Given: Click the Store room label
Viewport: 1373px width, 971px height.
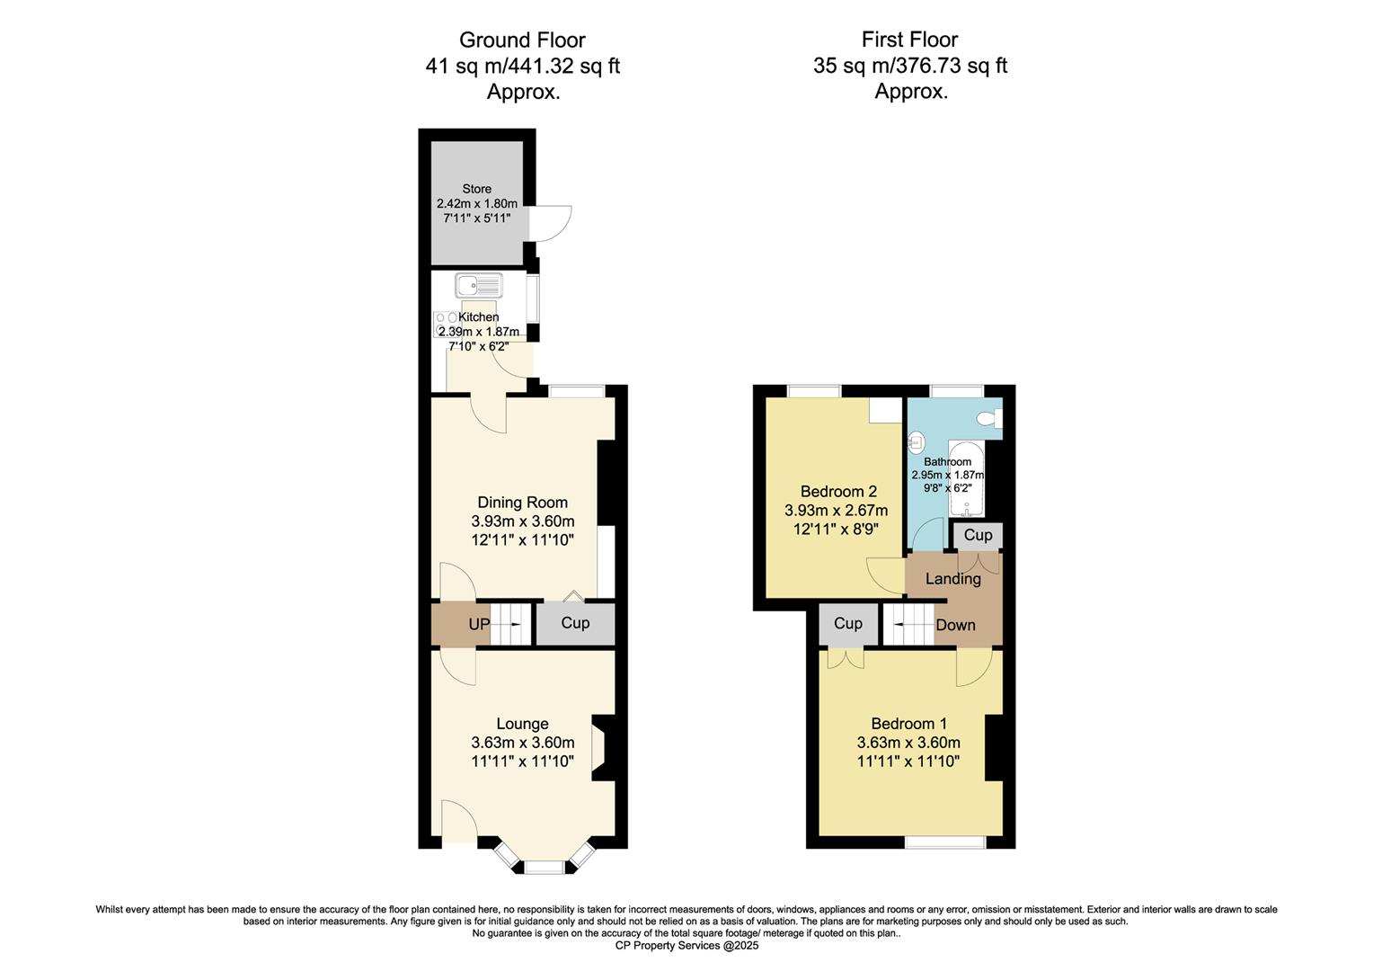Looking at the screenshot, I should tap(476, 189).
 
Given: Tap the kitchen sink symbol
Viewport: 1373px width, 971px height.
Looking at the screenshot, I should tap(480, 286).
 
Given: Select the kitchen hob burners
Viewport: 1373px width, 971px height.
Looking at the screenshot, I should tap(446, 324).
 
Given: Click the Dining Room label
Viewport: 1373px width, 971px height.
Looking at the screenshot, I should tap(522, 503).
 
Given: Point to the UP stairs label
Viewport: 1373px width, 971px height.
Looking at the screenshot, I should tap(478, 624).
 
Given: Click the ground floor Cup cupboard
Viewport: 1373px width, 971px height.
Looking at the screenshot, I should tap(575, 623).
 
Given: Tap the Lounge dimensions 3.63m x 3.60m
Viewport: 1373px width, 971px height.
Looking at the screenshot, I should tap(522, 743).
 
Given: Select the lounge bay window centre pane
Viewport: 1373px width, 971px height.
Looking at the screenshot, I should tap(543, 867).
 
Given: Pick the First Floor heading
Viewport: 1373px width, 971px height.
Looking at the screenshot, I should tap(909, 40).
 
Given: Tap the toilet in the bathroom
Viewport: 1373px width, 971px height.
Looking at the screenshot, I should tap(990, 418).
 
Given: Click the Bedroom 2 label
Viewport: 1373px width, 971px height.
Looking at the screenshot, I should tap(837, 492).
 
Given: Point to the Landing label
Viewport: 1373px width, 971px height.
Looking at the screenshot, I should tap(952, 579).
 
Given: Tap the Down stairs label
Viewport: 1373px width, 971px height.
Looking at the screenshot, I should tap(955, 625).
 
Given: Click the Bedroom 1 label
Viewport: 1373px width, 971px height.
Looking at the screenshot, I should tap(908, 724).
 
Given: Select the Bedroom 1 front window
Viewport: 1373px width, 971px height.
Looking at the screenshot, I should tap(944, 842).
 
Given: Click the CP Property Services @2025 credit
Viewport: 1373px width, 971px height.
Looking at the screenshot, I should tap(686, 946).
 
